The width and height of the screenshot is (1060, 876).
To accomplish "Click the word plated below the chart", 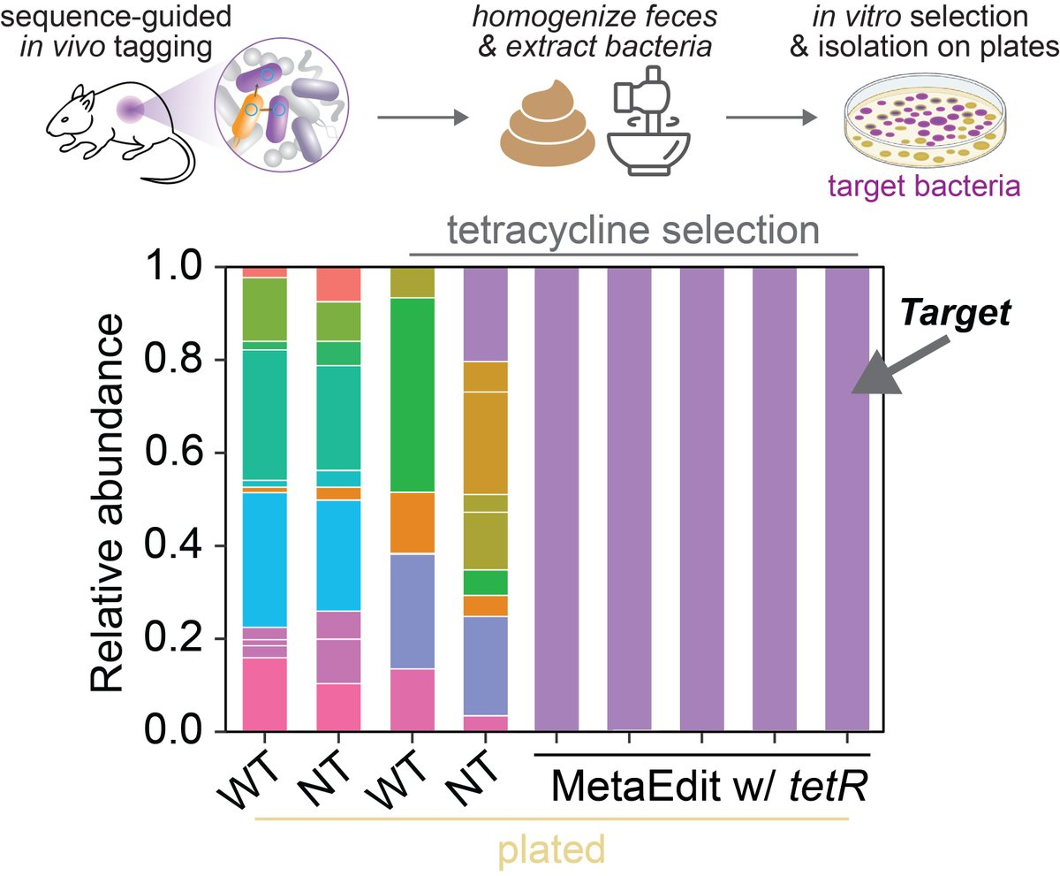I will pos(553,849).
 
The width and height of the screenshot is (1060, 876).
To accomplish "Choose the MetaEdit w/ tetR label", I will pos(704,783).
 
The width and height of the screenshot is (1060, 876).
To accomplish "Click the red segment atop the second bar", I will pos(337,284).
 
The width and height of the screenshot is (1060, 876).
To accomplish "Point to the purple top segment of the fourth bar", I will pos(483,314).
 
